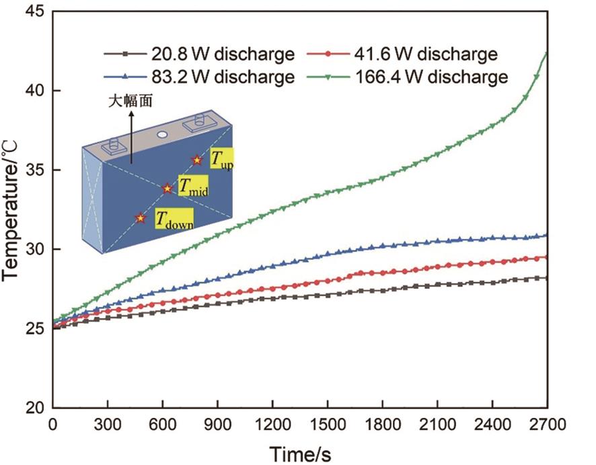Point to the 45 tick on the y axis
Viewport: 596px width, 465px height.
[34, 11]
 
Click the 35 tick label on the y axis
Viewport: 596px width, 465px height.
[34, 170]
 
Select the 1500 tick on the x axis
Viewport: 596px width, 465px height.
[328, 425]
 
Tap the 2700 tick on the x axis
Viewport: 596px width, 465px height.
[548, 425]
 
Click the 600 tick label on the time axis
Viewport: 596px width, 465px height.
[162, 425]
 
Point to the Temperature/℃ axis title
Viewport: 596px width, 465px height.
[11, 209]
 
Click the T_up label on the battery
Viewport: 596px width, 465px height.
[221, 159]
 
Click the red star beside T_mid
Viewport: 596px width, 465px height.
[167, 188]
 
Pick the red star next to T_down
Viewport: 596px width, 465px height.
[140, 217]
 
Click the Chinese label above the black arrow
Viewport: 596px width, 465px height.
[132, 103]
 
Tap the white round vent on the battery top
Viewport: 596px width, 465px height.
[162, 134]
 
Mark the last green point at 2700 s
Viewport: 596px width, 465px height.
[546, 53]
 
